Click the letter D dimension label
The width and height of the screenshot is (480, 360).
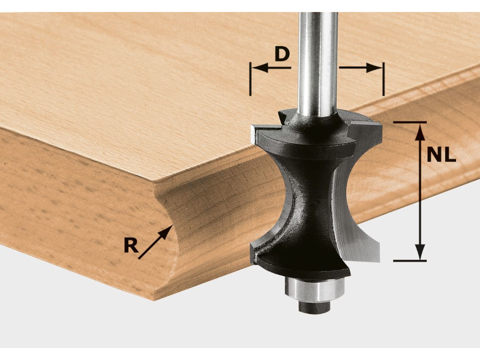(282, 54)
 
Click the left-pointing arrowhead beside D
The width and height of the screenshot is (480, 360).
(260, 68)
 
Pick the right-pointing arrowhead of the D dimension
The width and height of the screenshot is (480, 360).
(374, 68)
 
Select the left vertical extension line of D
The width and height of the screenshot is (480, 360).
(250, 79)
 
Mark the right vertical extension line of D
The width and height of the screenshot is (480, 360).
(383, 79)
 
